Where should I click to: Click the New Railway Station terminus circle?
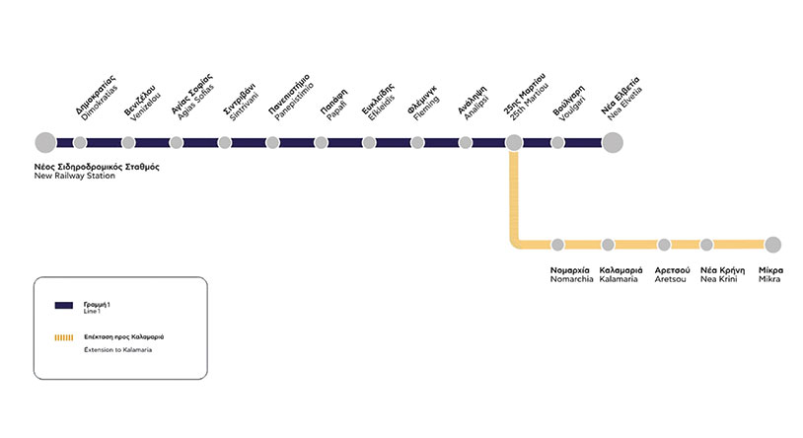coord(44,143)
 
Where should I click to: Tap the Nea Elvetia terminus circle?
coord(613,143)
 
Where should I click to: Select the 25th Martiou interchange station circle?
coord(514,143)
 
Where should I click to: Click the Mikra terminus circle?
coord(772,245)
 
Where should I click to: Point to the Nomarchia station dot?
coord(557,245)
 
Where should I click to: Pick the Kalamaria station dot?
coord(608,245)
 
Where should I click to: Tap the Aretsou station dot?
coord(664,245)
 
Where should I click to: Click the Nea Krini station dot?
coord(706,245)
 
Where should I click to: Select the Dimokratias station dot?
coord(80,143)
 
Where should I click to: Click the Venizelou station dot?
coord(128,143)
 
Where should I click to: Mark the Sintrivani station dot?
coord(225,143)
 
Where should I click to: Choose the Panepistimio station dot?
coord(272,143)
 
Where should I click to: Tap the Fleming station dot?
coord(417,143)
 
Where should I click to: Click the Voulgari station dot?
coord(557,143)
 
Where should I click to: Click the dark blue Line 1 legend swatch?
coord(65,306)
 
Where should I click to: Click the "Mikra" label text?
coord(769,279)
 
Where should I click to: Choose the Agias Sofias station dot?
coord(177,143)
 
